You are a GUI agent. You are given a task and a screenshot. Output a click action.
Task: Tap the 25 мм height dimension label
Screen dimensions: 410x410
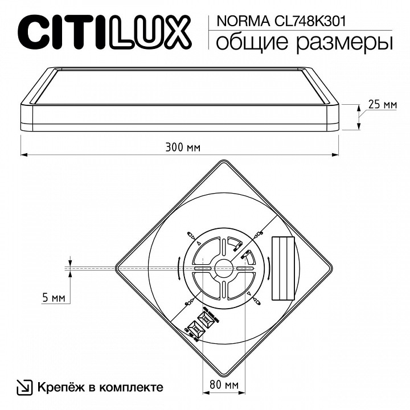click(x=382, y=104)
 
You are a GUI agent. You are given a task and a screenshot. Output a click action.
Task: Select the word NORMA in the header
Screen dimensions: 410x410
click(x=233, y=21)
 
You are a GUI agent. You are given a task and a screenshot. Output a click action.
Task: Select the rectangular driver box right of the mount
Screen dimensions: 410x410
click(x=283, y=268)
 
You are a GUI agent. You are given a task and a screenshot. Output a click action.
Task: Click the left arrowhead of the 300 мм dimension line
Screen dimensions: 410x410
click(x=24, y=154)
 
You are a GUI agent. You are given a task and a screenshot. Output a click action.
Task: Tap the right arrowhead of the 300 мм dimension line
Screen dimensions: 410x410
click(x=338, y=154)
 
